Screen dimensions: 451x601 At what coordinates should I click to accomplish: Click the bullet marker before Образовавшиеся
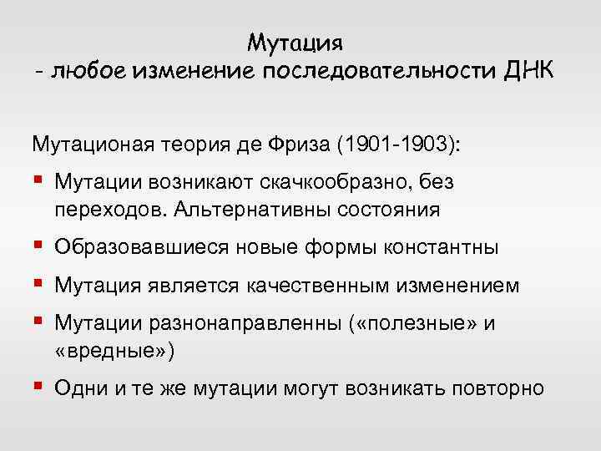[x=38, y=246]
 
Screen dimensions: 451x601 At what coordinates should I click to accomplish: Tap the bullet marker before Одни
[x=38, y=387]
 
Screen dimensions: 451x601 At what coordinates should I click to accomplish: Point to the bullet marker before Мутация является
[x=38, y=284]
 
